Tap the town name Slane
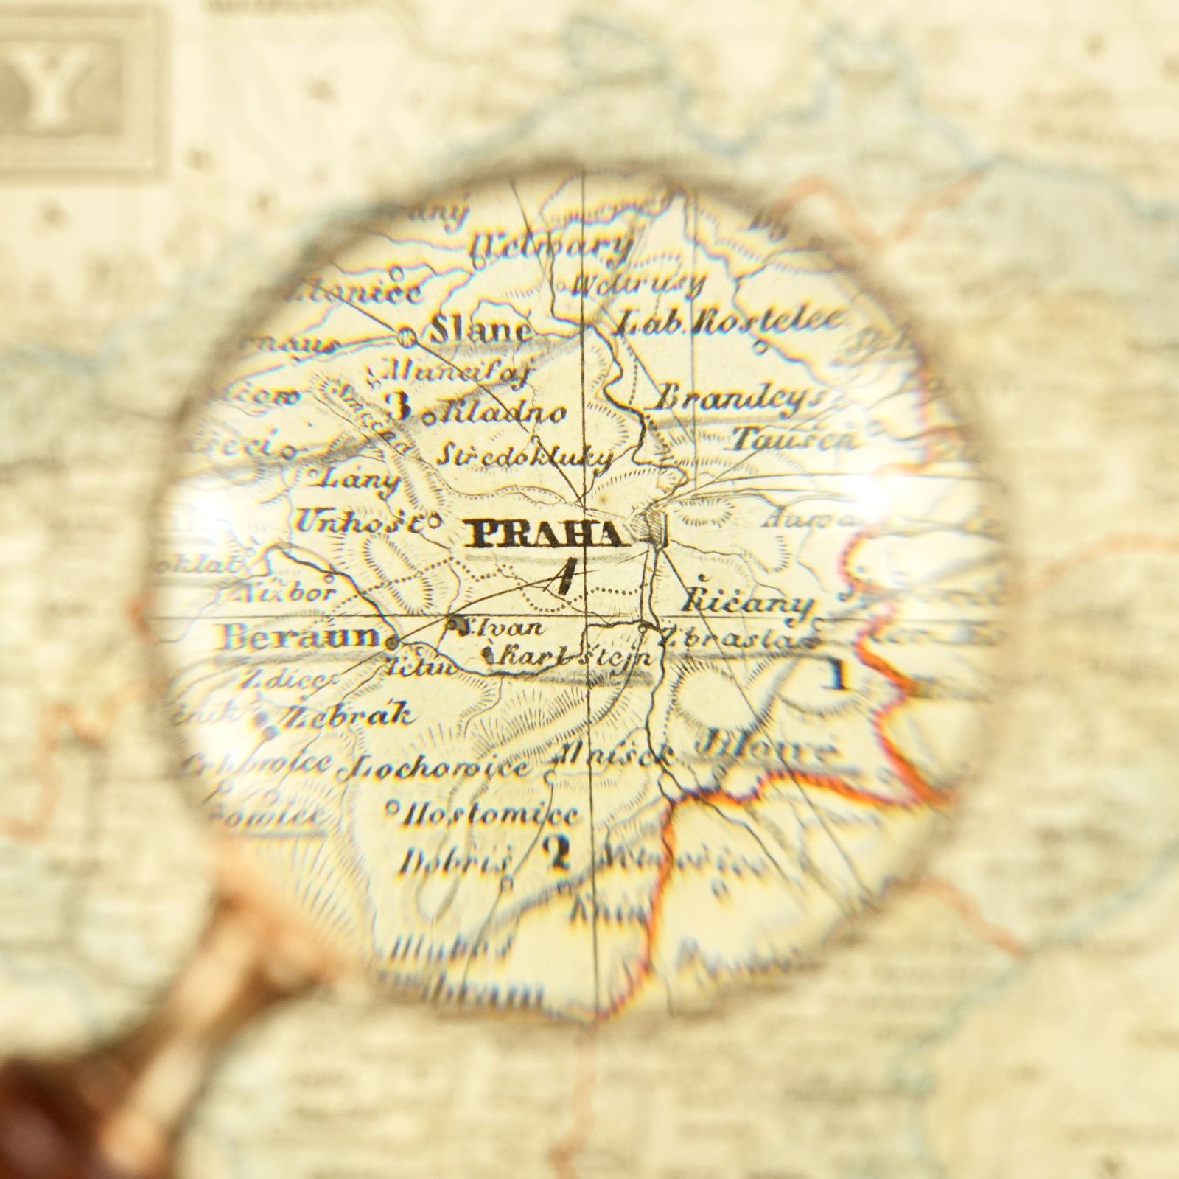click(480, 329)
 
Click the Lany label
click(354, 480)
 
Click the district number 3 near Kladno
click(399, 407)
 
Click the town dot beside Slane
click(406, 336)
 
